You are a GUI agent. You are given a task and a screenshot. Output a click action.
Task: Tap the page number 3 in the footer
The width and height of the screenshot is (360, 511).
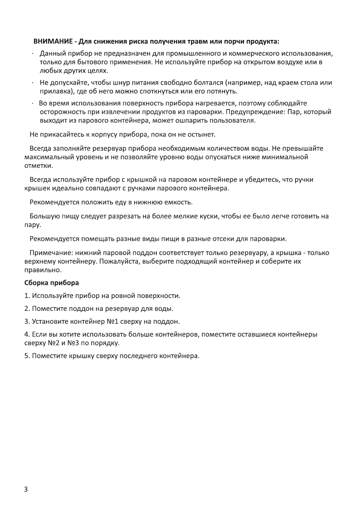[x=27, y=490]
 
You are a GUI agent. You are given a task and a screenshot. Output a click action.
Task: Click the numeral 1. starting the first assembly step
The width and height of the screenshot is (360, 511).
[x=27, y=296]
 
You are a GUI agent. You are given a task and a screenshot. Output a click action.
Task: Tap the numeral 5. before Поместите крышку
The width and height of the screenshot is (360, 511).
[x=27, y=356]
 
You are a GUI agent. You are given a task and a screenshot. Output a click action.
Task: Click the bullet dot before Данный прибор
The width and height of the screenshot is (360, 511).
[x=33, y=54]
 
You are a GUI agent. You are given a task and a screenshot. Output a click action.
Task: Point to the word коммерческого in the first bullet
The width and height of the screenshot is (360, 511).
[x=252, y=54]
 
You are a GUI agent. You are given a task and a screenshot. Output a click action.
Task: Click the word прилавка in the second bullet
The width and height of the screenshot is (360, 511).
[x=55, y=91]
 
